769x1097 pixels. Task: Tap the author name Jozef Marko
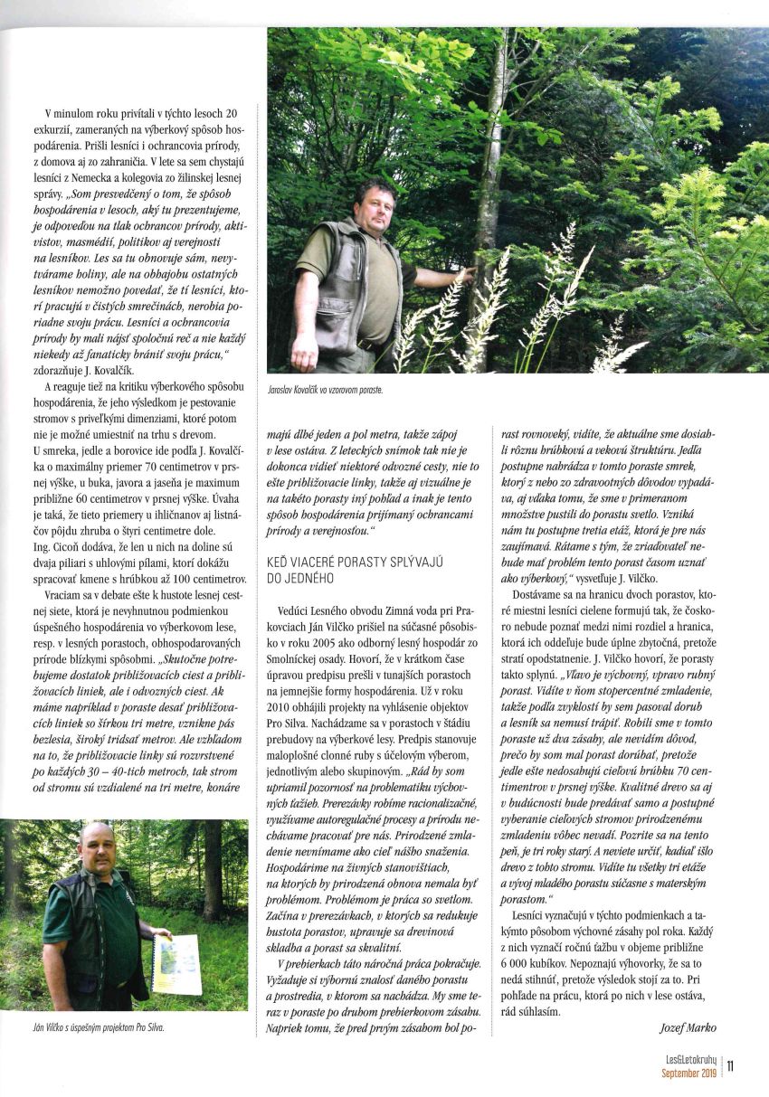tap(684, 1027)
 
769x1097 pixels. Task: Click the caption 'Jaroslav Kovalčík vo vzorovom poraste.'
tap(326, 389)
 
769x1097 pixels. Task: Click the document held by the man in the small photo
tap(176, 964)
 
